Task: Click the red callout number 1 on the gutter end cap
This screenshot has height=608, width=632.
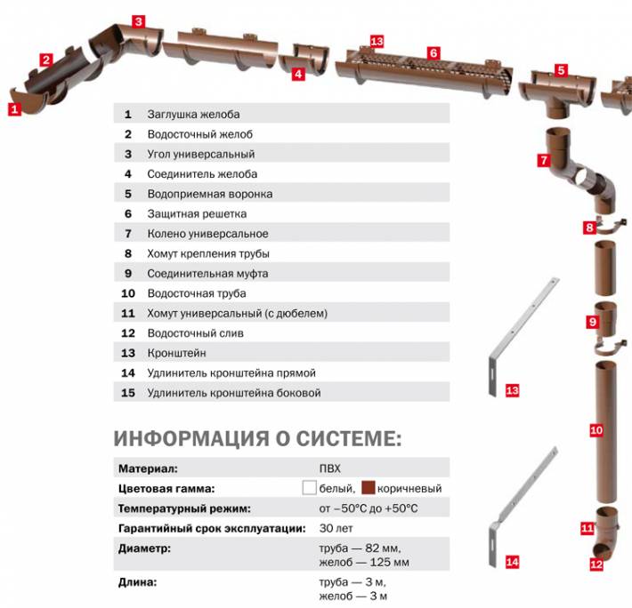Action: pyautogui.click(x=13, y=110)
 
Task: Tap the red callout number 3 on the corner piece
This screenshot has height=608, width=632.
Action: pyautogui.click(x=138, y=20)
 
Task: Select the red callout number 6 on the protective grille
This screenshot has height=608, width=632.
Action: pyautogui.click(x=433, y=52)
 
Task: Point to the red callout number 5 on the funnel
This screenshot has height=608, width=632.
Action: pyautogui.click(x=561, y=69)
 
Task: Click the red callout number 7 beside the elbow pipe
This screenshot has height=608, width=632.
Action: pyautogui.click(x=543, y=161)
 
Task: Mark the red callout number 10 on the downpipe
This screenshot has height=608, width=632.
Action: pyautogui.click(x=596, y=430)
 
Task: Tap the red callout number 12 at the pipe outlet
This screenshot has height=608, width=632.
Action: pyautogui.click(x=596, y=564)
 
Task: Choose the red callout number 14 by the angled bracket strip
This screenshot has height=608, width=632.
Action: pyautogui.click(x=511, y=562)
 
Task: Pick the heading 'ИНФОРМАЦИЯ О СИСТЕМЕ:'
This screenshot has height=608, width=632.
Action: pyautogui.click(x=258, y=438)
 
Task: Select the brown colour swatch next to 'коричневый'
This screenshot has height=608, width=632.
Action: pyautogui.click(x=369, y=488)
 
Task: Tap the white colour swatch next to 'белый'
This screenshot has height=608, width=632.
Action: pyautogui.click(x=310, y=488)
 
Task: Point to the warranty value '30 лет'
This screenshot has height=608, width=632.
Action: pyautogui.click(x=334, y=529)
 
